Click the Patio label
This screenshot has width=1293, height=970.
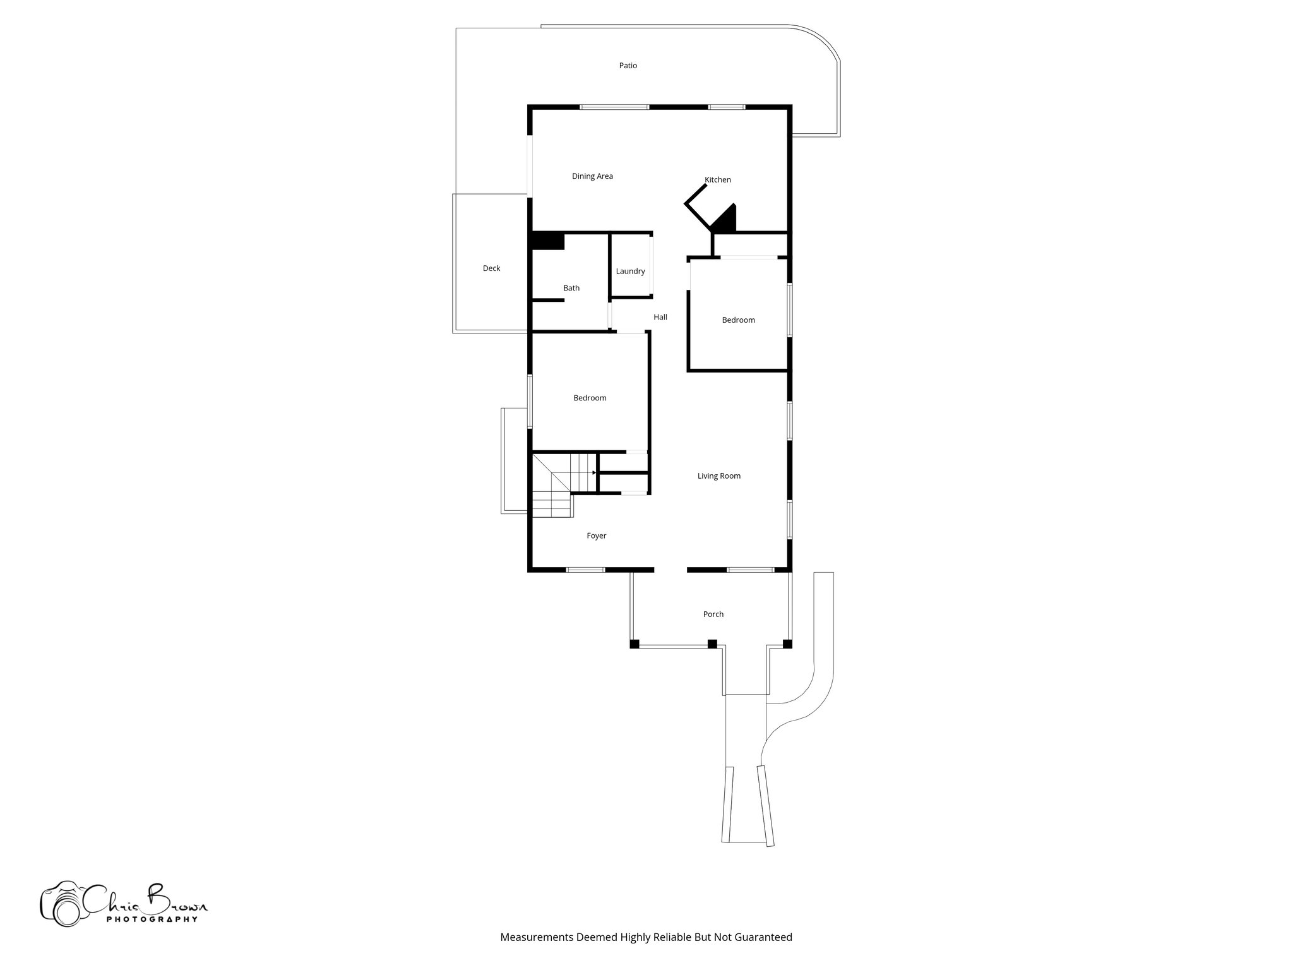(x=628, y=66)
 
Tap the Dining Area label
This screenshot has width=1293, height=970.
(x=592, y=176)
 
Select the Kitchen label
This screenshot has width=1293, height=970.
(x=718, y=180)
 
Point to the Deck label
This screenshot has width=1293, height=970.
(x=491, y=268)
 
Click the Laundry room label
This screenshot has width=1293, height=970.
(x=630, y=272)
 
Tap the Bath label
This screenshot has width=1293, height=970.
(x=571, y=288)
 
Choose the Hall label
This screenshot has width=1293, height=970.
(x=660, y=317)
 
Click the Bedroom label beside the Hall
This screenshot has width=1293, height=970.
(x=738, y=320)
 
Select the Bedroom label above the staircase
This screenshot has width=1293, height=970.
(x=590, y=398)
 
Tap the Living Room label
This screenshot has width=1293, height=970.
(x=718, y=476)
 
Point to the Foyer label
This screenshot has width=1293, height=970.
(x=596, y=536)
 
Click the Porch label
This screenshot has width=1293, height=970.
(x=713, y=614)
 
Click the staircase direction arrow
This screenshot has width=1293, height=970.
(x=593, y=472)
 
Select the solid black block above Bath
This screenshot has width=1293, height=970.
(x=548, y=241)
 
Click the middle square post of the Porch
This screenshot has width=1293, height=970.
(x=712, y=644)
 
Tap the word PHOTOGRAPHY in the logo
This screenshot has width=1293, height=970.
(x=152, y=919)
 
